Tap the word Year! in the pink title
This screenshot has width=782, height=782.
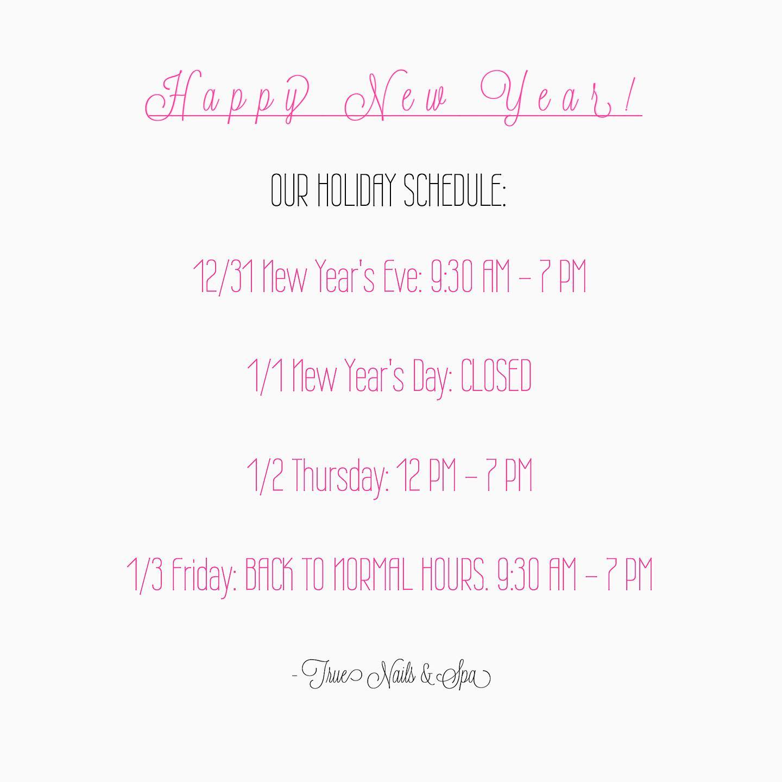[x=556, y=97]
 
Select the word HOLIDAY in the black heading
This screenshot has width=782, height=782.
[x=356, y=190]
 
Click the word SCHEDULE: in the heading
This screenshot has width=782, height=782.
[x=455, y=190]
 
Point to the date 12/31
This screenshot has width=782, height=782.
[x=224, y=276]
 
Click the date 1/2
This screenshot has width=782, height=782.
[x=265, y=476]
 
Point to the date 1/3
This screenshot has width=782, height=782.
[x=145, y=576]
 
